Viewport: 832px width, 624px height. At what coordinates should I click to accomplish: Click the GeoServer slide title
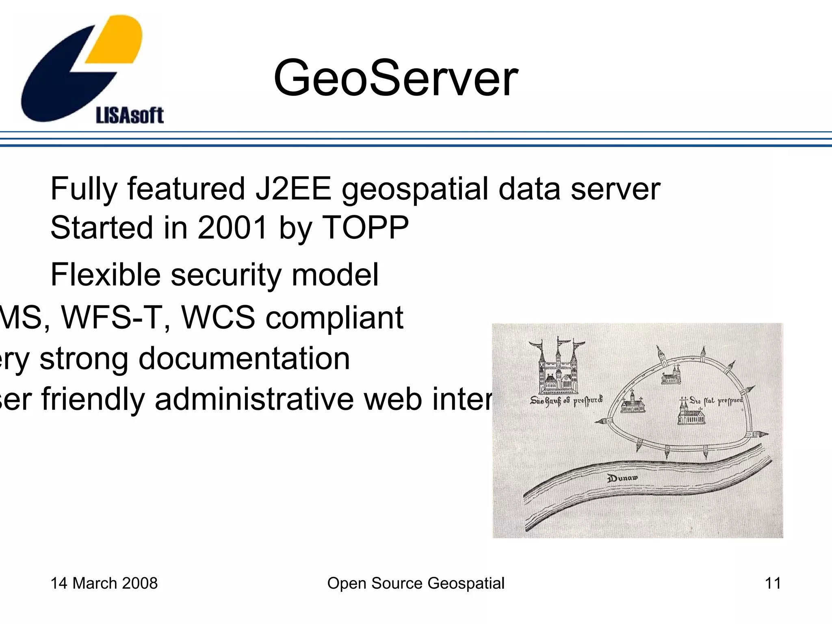coord(395,78)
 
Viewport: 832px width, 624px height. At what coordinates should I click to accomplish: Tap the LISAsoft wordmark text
coord(130,115)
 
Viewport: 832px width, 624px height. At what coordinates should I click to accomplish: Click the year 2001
coord(232,227)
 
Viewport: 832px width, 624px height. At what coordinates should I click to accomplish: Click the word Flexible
coord(105,275)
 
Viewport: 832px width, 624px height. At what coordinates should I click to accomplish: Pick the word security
coord(226,275)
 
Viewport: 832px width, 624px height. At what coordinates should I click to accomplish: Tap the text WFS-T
coord(116,317)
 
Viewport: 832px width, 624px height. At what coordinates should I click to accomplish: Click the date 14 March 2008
coord(104,583)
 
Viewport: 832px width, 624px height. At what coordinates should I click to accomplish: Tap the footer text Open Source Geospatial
coord(416,583)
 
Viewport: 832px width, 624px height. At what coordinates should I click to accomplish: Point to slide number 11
coord(773,583)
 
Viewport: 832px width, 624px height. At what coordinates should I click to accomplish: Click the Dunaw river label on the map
coord(622,478)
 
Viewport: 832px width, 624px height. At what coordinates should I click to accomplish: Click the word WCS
coord(218,317)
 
